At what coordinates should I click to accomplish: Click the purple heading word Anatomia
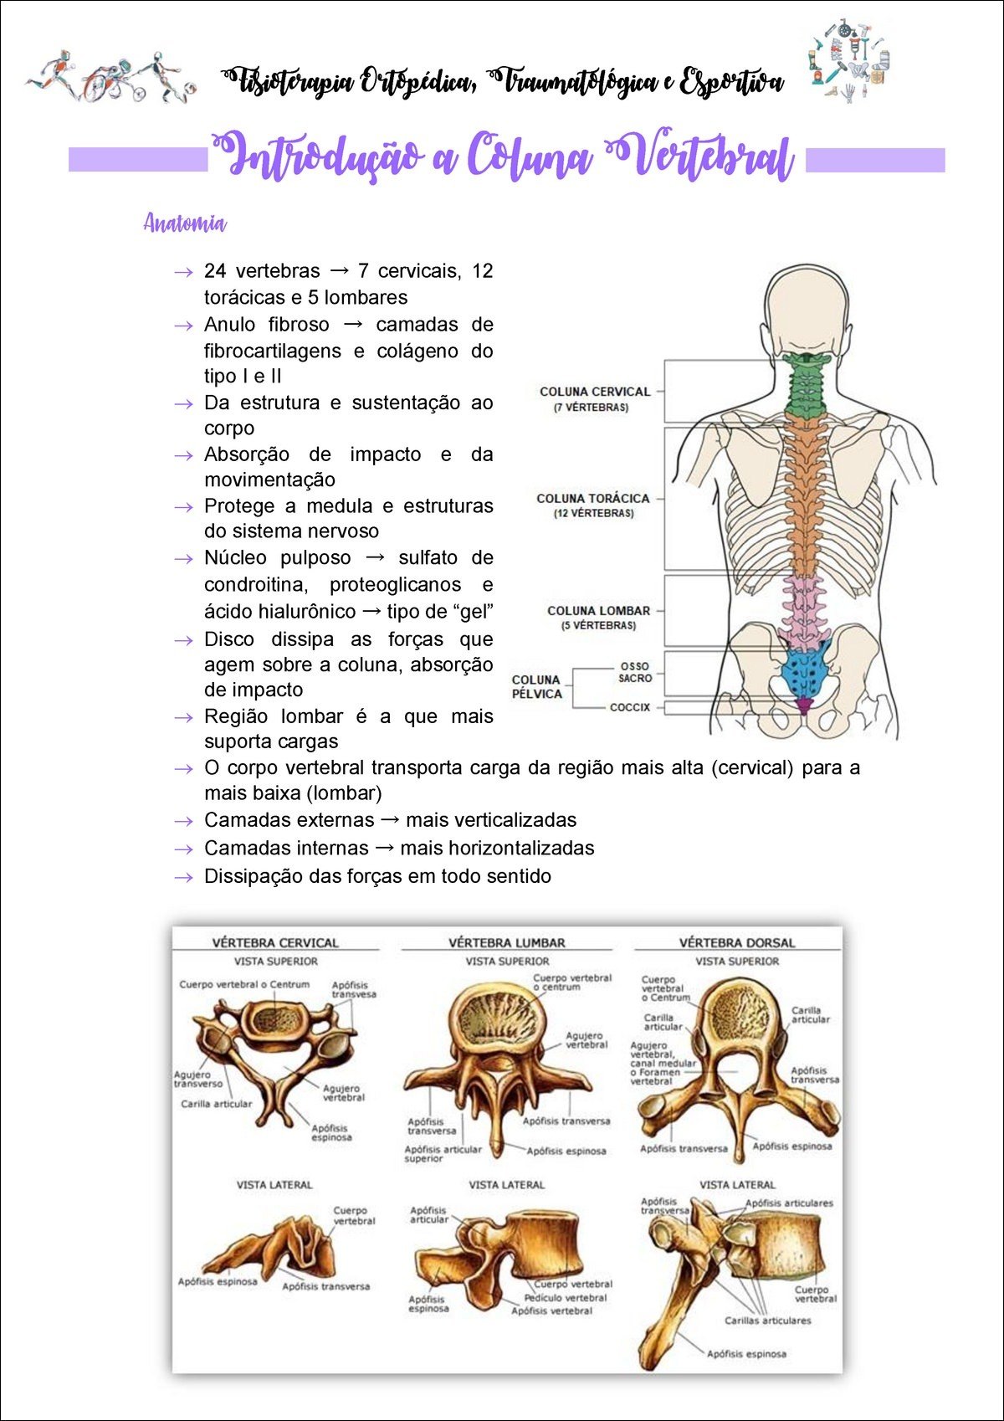click(x=185, y=223)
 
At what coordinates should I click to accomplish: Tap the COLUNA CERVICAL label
click(x=594, y=392)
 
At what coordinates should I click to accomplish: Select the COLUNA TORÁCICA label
click(x=592, y=499)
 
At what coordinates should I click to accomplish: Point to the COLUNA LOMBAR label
click(x=598, y=611)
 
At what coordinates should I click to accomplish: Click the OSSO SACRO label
click(x=635, y=672)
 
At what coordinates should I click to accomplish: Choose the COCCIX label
click(x=629, y=707)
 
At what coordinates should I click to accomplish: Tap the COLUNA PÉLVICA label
click(x=536, y=686)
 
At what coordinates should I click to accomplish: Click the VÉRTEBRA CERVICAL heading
click(x=275, y=942)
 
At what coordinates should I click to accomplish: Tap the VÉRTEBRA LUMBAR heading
click(x=507, y=942)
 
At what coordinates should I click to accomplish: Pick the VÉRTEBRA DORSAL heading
click(x=737, y=942)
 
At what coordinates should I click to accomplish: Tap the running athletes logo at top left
click(x=111, y=78)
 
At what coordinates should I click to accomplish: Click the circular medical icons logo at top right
click(x=848, y=60)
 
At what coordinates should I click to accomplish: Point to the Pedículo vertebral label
click(x=566, y=1298)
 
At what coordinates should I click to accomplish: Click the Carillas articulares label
click(x=767, y=1321)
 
